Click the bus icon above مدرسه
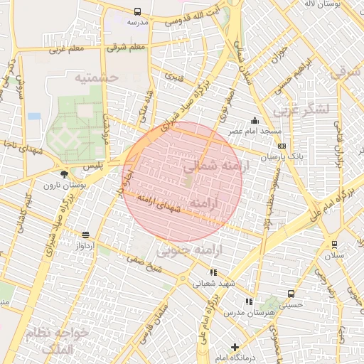coord(137,12)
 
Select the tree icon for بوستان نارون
coord(65,173)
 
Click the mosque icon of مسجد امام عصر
coord(255,120)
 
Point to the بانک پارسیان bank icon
coord(282,146)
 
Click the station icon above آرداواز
coord(86,235)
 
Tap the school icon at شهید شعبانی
coord(213,272)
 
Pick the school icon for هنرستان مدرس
coord(248,301)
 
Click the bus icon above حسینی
coord(291,294)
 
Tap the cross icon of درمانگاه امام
coord(235,347)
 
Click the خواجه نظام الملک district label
coord(63,340)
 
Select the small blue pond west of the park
coord(34,116)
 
